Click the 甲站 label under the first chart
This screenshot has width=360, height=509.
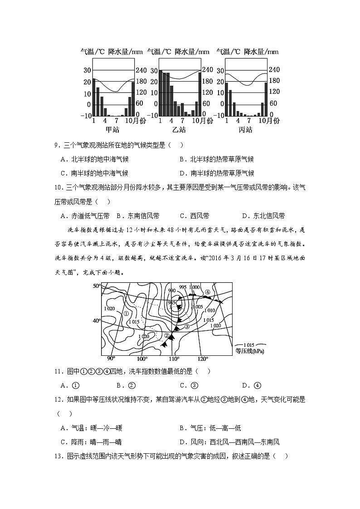[x=112, y=130]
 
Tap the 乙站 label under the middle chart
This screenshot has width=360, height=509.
[x=179, y=130]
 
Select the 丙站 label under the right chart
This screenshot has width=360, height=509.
[x=245, y=130]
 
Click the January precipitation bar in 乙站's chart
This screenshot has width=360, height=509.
[x=161, y=93]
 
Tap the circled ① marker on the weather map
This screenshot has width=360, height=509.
[x=126, y=313]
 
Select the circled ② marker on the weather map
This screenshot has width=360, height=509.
[x=167, y=335]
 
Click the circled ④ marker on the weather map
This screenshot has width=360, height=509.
[x=207, y=292]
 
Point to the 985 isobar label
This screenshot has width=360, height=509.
[x=171, y=302]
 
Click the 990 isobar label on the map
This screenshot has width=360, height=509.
[x=172, y=291]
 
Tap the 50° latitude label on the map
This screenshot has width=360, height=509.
[x=97, y=286]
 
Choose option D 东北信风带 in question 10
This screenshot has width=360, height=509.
[x=263, y=216]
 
